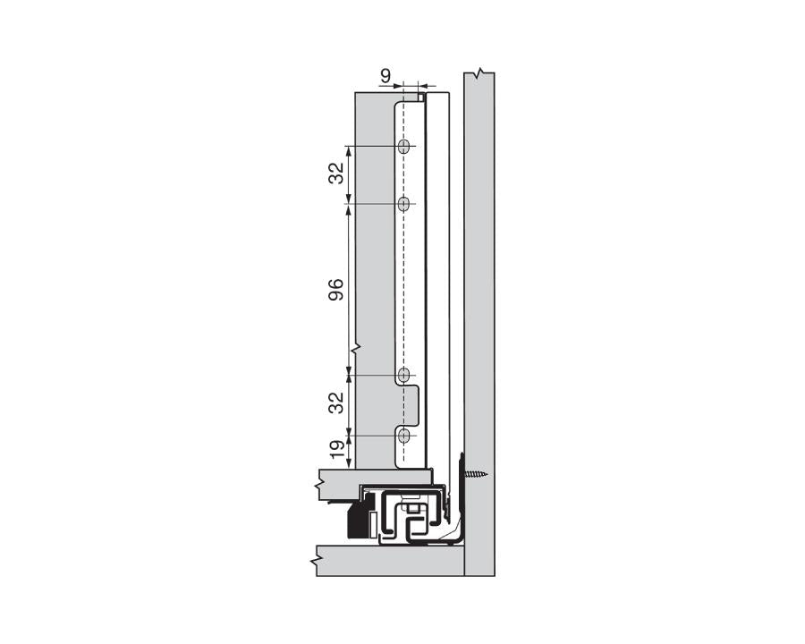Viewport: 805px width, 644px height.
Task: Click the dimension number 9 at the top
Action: coord(385,76)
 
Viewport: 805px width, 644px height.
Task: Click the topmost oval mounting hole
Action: coord(404,146)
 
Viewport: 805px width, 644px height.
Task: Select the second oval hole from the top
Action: coord(404,204)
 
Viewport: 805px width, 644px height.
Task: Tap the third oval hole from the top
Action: coord(404,375)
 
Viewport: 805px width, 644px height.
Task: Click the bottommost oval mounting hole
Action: coord(404,436)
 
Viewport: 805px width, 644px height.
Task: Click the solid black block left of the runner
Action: coord(360,520)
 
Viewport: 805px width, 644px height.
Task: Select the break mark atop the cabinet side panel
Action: coord(480,72)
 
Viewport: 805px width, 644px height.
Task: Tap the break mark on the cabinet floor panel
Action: coord(318,561)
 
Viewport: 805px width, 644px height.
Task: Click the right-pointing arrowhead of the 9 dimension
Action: coord(398,87)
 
